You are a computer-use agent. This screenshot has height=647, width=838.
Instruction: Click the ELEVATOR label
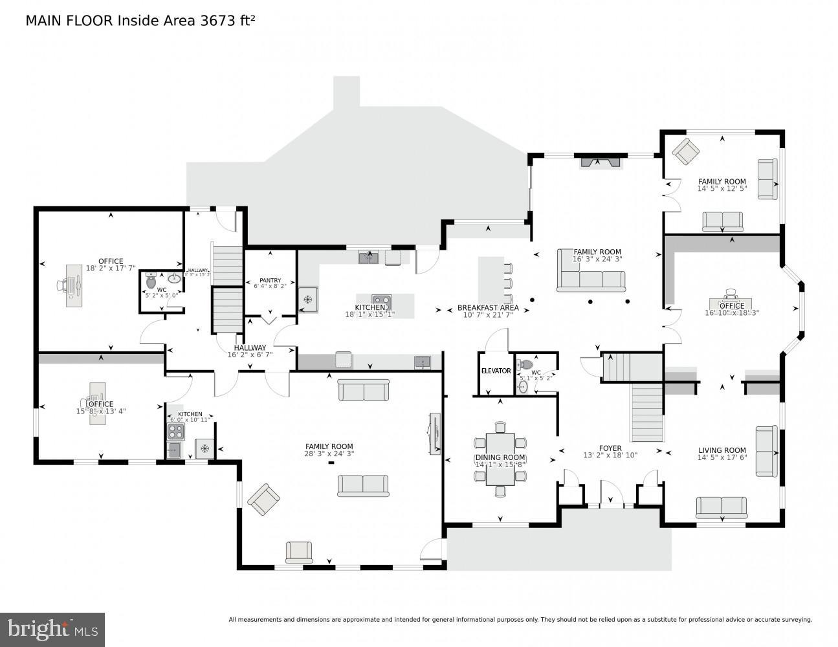click(x=496, y=371)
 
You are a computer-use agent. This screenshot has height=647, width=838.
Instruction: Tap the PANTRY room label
click(x=270, y=280)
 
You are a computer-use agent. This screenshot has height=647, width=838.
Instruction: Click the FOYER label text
click(x=610, y=448)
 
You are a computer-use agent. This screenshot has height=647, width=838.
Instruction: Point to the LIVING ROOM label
click(x=722, y=450)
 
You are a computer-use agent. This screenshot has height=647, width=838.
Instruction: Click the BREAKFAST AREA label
click(x=488, y=307)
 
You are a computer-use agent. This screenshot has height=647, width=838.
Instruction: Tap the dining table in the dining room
click(x=500, y=458)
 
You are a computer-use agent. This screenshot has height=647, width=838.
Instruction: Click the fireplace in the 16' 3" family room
click(x=601, y=162)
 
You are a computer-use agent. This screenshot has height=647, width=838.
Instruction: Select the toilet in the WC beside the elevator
click(x=525, y=364)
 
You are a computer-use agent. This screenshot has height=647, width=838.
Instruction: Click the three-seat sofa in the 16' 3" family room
click(x=591, y=280)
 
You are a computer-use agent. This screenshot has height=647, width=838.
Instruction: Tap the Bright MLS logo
click(x=52, y=629)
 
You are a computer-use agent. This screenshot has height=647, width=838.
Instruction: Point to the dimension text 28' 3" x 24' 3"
click(x=329, y=454)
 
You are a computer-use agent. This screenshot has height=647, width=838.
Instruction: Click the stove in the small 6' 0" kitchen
click(x=175, y=432)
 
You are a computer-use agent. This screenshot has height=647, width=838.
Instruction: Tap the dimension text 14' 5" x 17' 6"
click(x=722, y=458)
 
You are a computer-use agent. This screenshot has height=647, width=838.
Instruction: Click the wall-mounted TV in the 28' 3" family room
click(x=434, y=432)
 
